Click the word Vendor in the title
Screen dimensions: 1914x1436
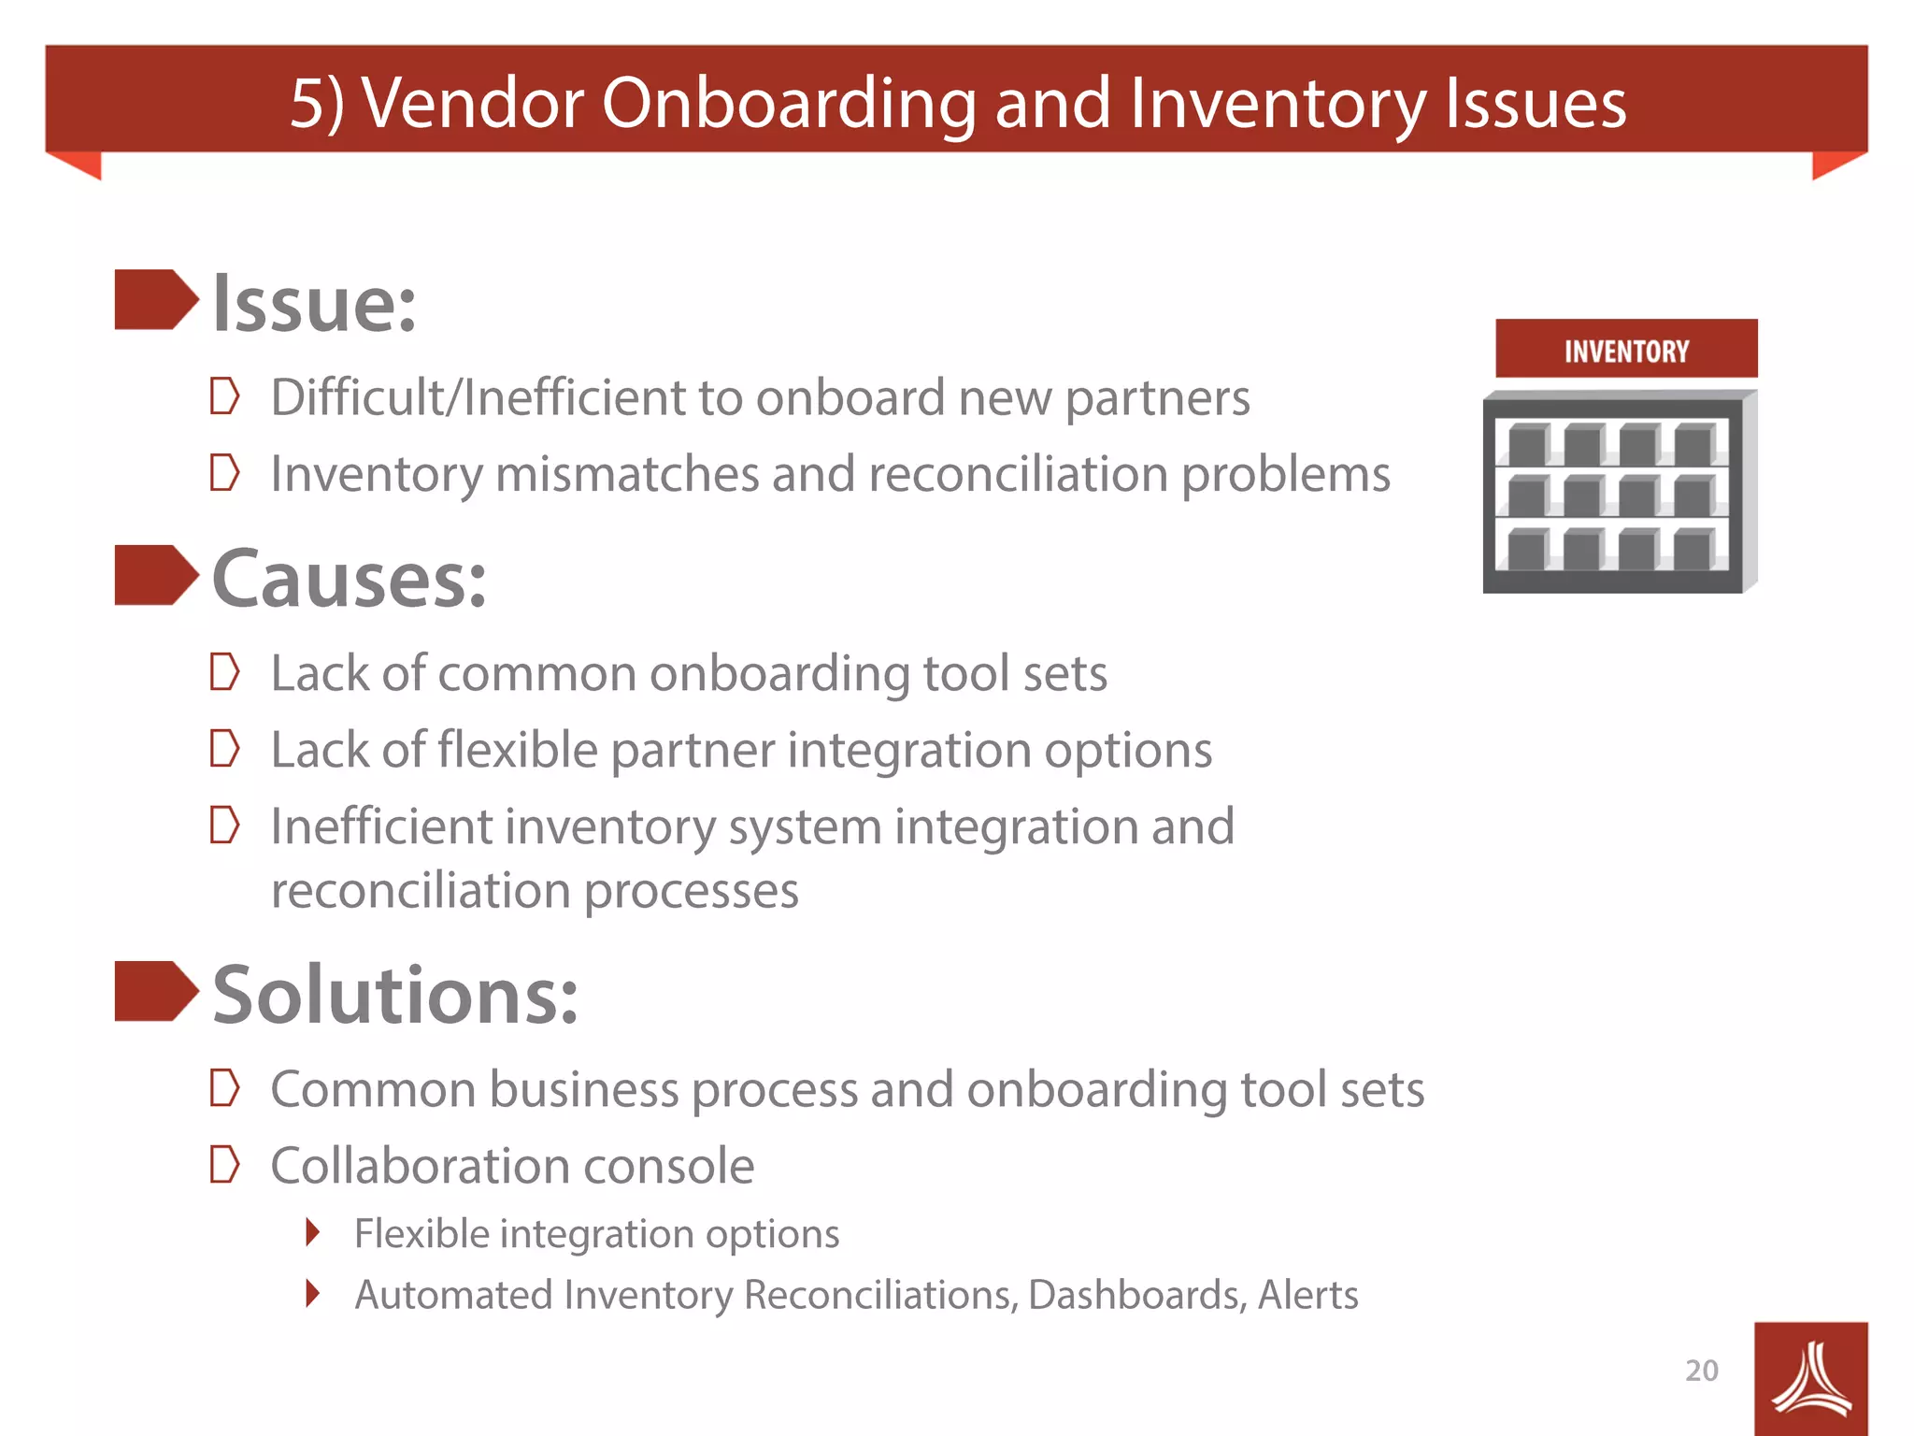coord(472,103)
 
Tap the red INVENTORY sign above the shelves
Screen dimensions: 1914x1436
coord(1625,350)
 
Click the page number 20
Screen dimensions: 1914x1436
coord(1701,1371)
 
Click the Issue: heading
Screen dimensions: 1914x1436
coord(314,304)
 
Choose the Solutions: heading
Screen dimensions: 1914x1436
coord(395,995)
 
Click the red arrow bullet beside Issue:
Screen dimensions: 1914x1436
coord(155,300)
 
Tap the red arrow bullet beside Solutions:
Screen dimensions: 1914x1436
coord(155,991)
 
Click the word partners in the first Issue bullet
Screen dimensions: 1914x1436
coord(1157,399)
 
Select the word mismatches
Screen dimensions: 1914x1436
coord(627,474)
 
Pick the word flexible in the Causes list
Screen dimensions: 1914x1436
coord(517,750)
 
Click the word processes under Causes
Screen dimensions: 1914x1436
coord(692,891)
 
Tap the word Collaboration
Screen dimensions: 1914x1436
coord(420,1166)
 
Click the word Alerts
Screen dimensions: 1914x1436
coord(1307,1296)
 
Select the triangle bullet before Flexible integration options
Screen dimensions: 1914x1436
coord(313,1233)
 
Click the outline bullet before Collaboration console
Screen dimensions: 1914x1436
coord(224,1165)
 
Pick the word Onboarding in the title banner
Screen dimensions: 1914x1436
coord(789,103)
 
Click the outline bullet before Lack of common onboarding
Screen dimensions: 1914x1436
coord(224,672)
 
